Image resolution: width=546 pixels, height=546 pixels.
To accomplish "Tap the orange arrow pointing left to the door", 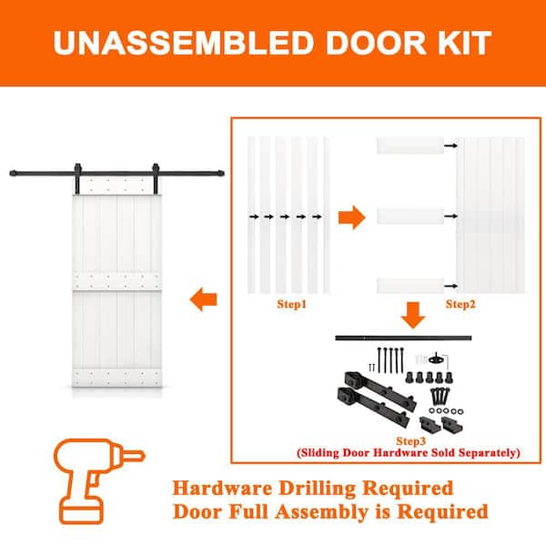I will click(x=203, y=296).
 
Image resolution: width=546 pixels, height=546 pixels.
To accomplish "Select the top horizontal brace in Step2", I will click(x=409, y=145).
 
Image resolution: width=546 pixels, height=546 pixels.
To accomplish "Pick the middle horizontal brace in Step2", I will click(x=409, y=216).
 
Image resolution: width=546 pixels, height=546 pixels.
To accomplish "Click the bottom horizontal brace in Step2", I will click(x=409, y=285).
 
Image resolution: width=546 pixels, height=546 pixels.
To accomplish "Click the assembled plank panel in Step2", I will click(x=490, y=216).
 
